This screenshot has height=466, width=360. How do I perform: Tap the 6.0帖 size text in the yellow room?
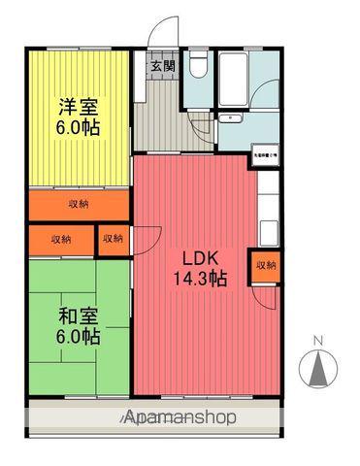pos(78,126)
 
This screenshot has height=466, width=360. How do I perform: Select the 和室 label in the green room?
pos(77,316)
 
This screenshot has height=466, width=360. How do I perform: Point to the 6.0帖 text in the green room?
pos(77,337)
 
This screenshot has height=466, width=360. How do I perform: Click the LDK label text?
pos(200,259)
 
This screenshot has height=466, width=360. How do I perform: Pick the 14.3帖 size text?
pos(200,280)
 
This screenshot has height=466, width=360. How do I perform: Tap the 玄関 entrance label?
pos(162,67)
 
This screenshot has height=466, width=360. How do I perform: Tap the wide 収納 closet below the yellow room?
pos(79,204)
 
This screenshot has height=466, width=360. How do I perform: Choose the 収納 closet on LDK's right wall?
pos(264,265)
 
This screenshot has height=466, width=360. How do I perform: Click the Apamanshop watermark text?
pos(180,418)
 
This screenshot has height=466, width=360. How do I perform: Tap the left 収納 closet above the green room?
pos(61,239)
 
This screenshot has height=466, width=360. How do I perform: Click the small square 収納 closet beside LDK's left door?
pos(114,239)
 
